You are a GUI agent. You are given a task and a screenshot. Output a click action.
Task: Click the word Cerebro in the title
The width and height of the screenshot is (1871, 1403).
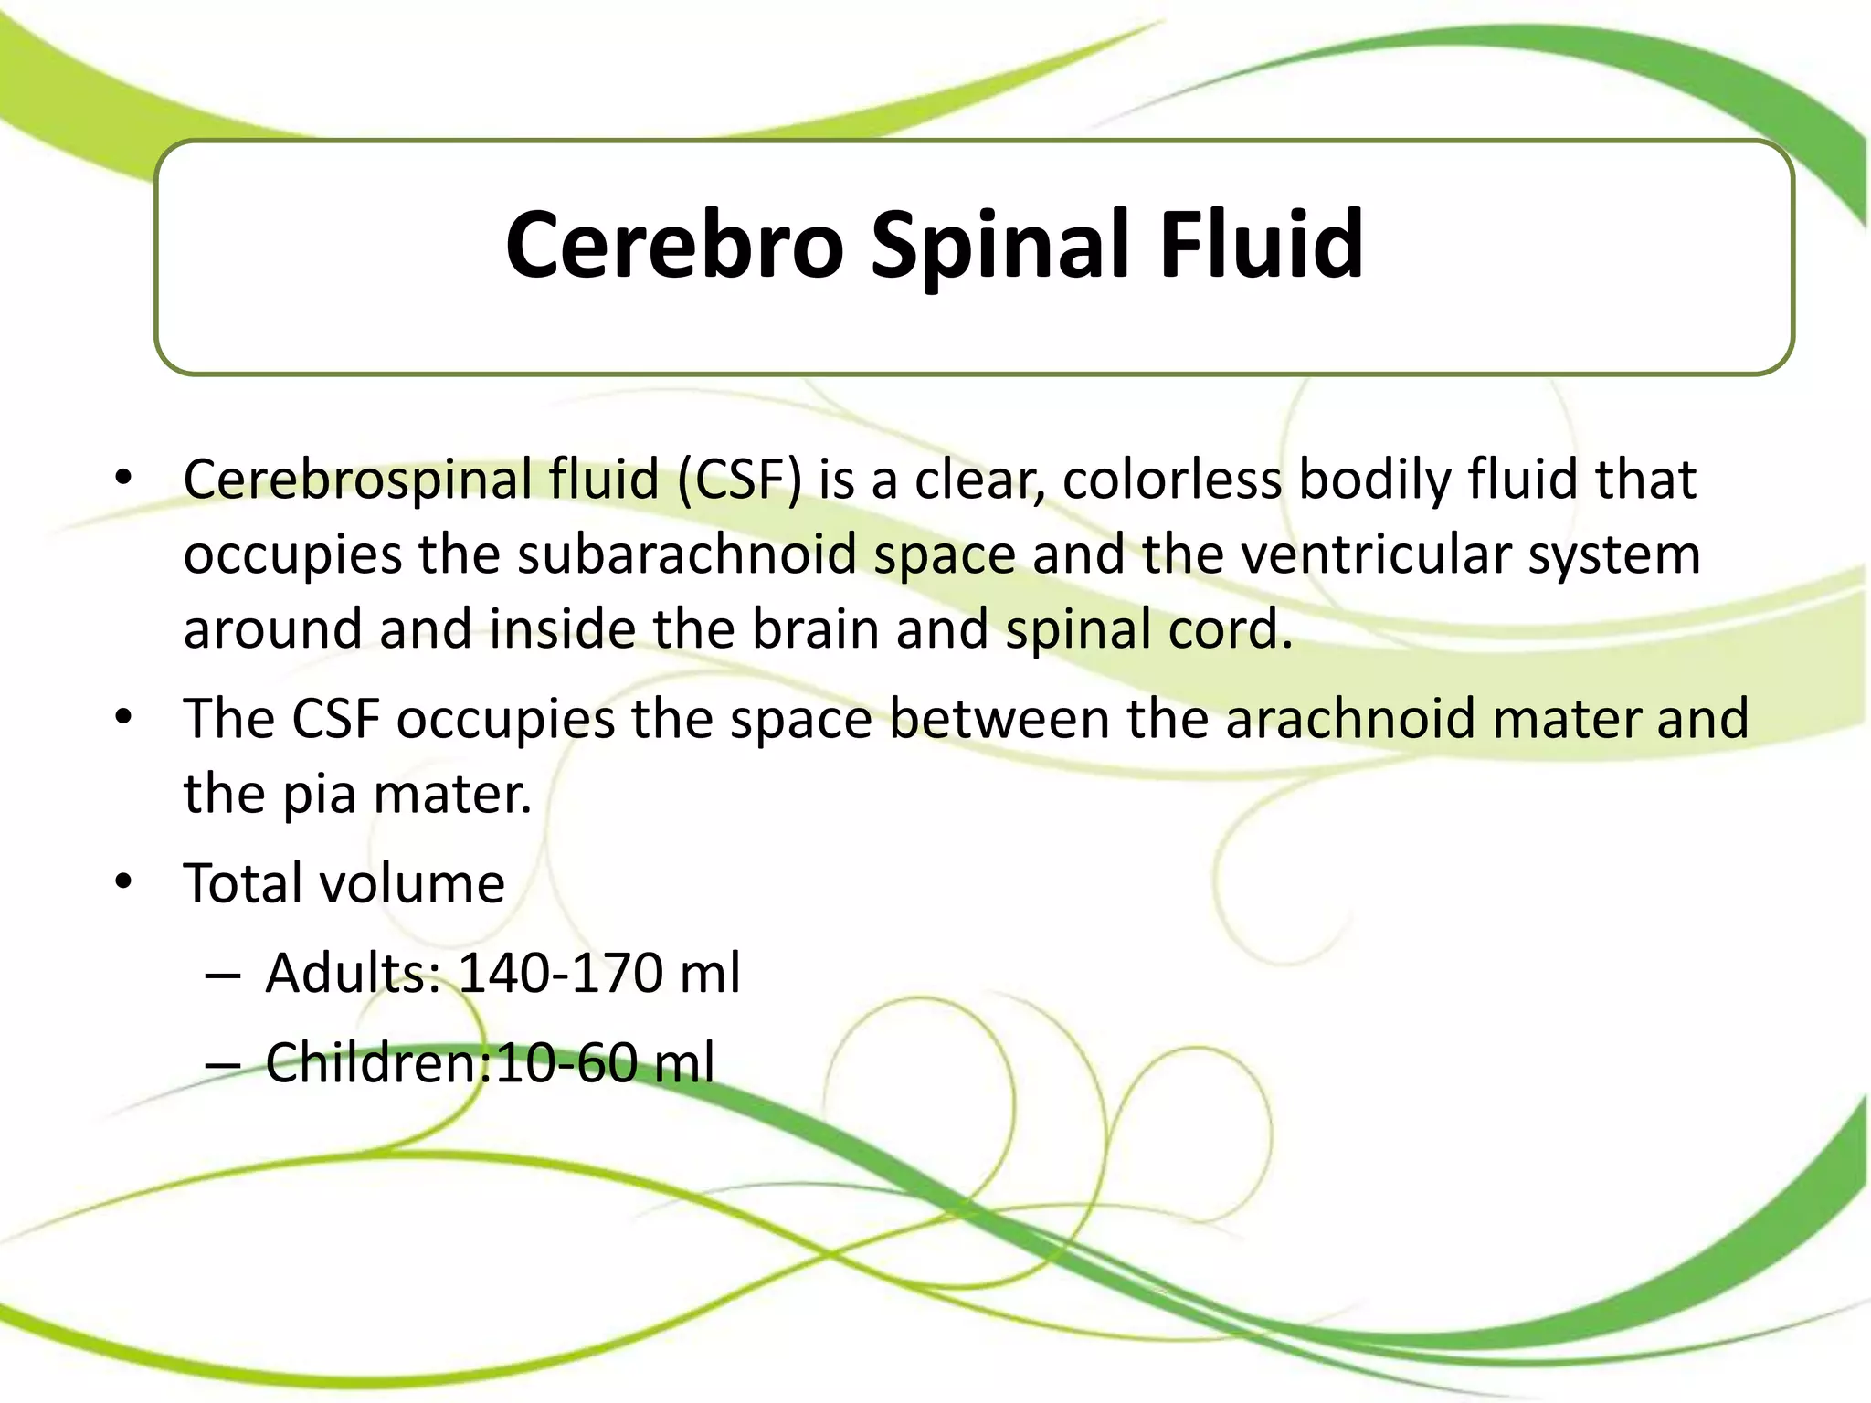pyautogui.click(x=674, y=245)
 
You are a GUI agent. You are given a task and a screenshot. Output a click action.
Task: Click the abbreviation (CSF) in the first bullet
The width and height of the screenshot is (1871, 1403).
pyautogui.click(x=739, y=480)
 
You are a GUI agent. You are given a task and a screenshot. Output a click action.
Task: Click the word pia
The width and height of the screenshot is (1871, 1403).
pyautogui.click(x=319, y=795)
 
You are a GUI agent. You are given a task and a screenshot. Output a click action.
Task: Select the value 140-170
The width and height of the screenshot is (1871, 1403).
pyautogui.click(x=560, y=973)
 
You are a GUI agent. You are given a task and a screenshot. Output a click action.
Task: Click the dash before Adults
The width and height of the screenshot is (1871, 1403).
pyautogui.click(x=224, y=976)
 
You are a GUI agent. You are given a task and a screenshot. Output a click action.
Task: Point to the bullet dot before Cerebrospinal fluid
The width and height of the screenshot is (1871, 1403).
pyautogui.click(x=124, y=477)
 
